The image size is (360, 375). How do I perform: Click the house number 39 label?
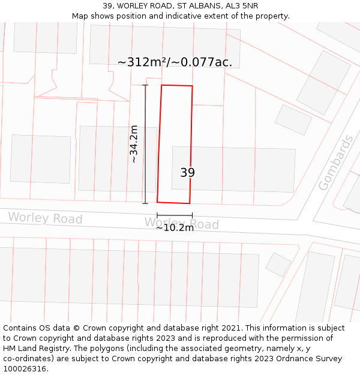187,173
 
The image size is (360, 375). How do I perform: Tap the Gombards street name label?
336,163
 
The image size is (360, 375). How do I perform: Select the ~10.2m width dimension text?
175,227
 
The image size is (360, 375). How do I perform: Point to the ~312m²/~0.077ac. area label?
175,62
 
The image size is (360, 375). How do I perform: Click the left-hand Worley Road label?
45,218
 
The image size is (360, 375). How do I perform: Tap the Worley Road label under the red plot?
181,224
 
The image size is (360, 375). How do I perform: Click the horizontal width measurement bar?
175,215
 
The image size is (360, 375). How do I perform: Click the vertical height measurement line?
145,144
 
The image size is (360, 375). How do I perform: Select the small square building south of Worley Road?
278,264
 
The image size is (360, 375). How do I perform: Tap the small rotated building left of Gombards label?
293,119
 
